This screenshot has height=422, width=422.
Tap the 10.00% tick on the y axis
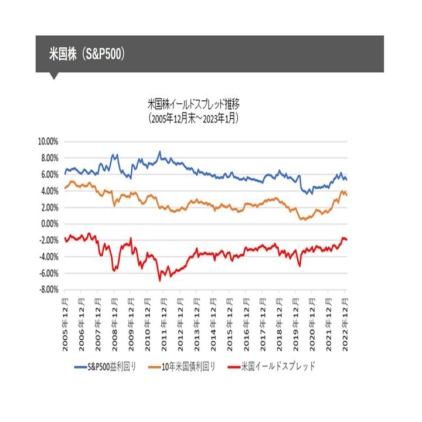pos(47,141)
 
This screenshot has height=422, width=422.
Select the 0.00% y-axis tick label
pos(49,223)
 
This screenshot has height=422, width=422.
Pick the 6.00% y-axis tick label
pos(49,174)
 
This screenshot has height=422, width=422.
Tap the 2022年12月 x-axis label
pos(345,321)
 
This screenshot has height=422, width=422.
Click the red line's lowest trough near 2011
pos(159,281)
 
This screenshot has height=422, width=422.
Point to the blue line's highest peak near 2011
pos(159,151)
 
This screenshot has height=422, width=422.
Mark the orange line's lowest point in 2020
pos(302,219)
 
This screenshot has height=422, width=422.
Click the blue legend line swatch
pos(81,367)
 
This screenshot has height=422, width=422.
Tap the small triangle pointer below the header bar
pos(54,76)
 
